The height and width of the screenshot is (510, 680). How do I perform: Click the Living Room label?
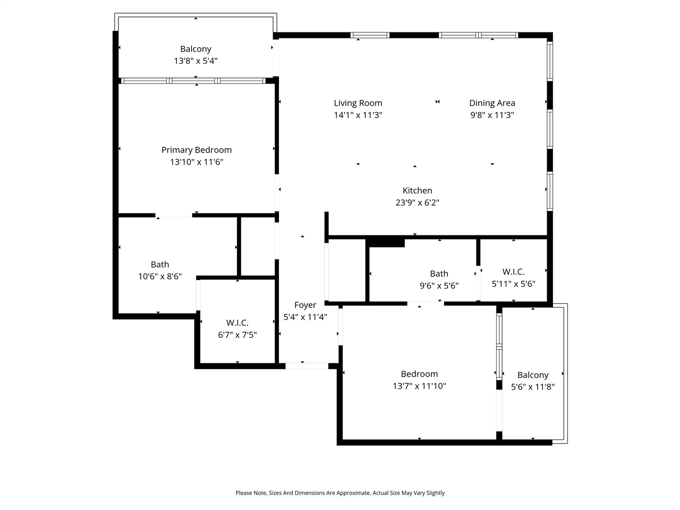[x=358, y=103]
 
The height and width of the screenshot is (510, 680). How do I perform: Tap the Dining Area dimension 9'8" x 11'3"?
[x=492, y=115]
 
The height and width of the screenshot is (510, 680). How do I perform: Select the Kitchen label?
[x=417, y=191]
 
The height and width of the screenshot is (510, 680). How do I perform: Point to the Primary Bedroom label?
[x=197, y=150]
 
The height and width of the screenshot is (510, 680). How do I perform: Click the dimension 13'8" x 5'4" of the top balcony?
[x=195, y=61]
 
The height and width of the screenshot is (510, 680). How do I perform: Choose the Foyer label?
[x=305, y=305]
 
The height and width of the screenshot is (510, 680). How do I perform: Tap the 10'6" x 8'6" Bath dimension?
[x=160, y=276]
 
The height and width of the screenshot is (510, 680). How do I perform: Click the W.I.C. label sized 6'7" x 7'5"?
[x=237, y=323]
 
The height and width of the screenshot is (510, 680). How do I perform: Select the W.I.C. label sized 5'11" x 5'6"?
[x=513, y=272]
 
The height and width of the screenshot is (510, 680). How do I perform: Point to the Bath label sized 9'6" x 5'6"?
[x=439, y=274]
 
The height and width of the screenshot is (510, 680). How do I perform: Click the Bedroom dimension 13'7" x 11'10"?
[x=419, y=386]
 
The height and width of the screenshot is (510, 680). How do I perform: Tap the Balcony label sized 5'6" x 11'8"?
[x=532, y=375]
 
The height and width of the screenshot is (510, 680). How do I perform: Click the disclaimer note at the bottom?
[x=340, y=493]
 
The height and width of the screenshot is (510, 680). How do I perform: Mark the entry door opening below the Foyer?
[x=307, y=366]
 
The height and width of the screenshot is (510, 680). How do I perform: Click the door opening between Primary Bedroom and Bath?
[x=174, y=216]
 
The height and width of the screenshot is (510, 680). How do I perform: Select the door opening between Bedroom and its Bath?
[x=425, y=303]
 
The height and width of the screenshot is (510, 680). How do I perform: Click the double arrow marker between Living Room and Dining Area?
[x=438, y=102]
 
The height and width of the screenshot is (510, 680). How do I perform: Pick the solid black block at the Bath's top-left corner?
[x=386, y=243]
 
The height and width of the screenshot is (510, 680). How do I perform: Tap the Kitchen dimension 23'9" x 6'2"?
[x=417, y=202]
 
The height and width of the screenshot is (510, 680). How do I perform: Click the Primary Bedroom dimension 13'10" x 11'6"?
[x=197, y=162]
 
